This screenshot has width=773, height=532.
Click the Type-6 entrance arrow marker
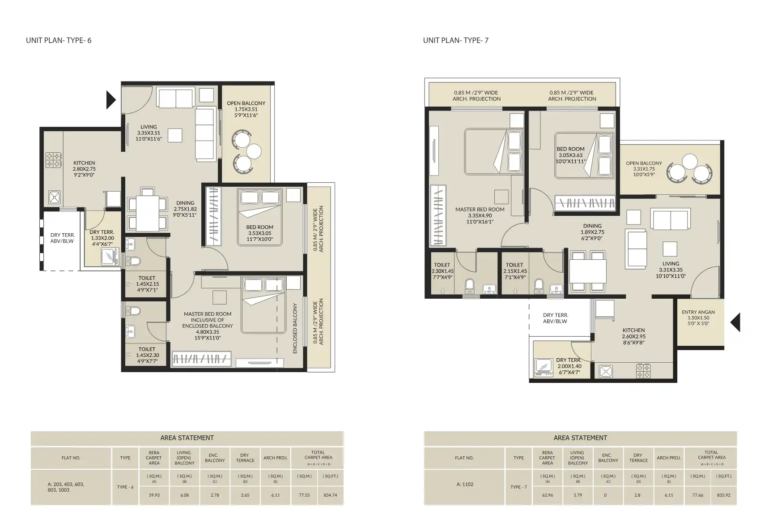click(x=110, y=100)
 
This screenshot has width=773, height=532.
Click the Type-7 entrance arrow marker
click(x=736, y=322)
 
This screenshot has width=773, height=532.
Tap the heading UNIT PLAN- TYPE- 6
click(x=59, y=40)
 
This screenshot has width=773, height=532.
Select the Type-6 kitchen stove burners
click(x=54, y=160)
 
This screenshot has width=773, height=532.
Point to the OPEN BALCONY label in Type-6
click(x=246, y=103)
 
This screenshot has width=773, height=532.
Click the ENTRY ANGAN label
click(x=698, y=313)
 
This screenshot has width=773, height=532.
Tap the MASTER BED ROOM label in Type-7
click(x=480, y=210)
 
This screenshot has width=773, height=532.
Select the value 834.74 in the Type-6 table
click(x=331, y=495)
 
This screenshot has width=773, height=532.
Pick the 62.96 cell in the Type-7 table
click(x=547, y=495)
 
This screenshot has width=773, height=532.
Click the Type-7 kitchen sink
click(x=605, y=371)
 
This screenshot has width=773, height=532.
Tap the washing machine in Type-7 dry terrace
click(x=544, y=366)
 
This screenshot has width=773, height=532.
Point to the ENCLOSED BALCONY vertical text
click(x=295, y=328)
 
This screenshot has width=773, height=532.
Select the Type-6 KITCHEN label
click(x=84, y=163)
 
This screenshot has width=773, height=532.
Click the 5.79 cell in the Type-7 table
click(x=578, y=495)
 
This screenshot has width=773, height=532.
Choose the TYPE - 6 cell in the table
click(x=125, y=487)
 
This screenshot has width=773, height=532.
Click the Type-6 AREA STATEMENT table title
click(x=187, y=438)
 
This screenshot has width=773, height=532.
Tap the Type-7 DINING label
click(x=592, y=226)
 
